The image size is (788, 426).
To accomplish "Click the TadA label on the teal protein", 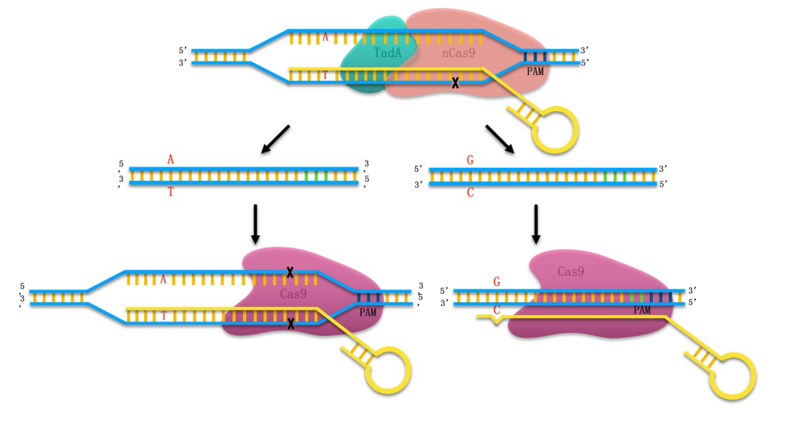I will pos(387,53).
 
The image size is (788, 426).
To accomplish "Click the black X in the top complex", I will pos(455,83).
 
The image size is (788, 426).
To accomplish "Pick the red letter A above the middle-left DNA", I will pos(170,160).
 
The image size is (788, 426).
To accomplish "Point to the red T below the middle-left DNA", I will pos(170,193).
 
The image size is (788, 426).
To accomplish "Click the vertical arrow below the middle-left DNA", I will pos(255,223).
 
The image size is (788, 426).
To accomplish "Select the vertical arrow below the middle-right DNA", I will pos(536,223).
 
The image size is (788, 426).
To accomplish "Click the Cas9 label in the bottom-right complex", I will pos(572,271).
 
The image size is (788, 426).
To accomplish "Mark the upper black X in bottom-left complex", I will pos(290,272).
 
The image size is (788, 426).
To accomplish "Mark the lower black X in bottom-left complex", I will pos(290,324).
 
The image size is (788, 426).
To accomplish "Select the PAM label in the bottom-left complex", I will pos(368,311).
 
